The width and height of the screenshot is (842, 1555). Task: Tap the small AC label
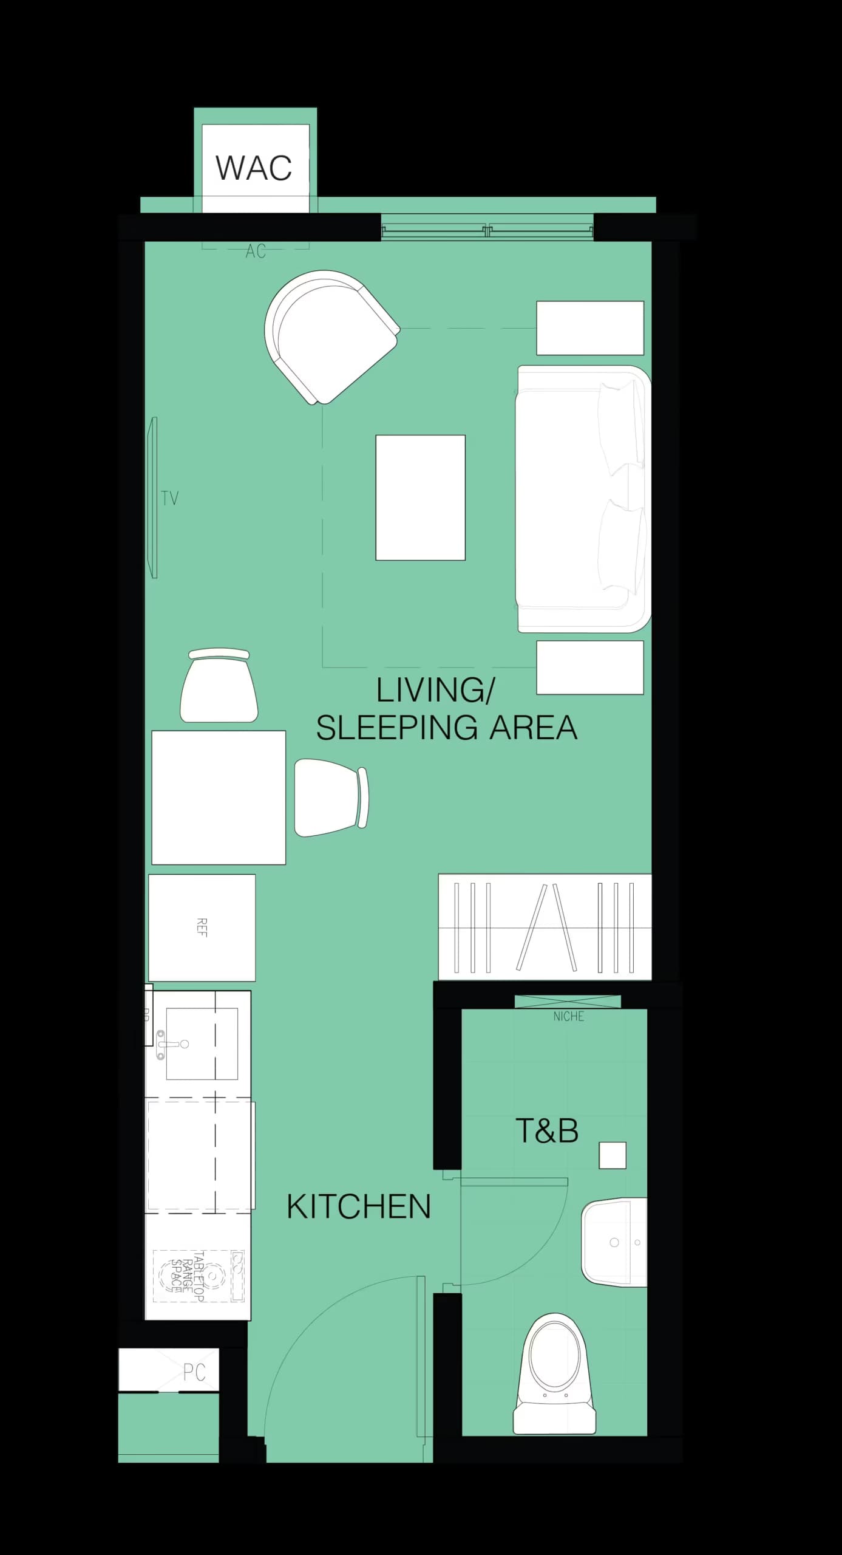point(256,251)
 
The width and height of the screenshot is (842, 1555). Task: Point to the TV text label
point(170,499)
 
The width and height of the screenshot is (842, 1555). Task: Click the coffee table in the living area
point(420,497)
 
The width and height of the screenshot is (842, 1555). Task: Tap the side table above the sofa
point(589,328)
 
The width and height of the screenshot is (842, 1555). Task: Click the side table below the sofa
point(589,667)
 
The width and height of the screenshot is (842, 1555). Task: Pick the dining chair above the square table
point(219,686)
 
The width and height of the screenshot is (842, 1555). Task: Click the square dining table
point(219,797)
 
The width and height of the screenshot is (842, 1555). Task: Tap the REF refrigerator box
point(202,928)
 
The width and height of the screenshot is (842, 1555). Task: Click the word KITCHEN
point(358,1206)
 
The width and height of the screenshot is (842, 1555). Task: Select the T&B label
point(546,1131)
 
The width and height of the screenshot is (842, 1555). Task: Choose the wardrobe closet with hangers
point(545,928)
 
